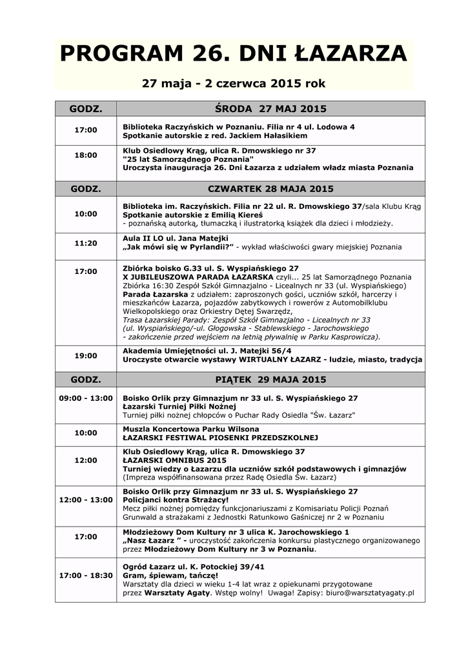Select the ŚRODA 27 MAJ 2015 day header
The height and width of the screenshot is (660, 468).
coord(270,108)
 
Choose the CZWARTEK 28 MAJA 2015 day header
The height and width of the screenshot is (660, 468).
coord(270,189)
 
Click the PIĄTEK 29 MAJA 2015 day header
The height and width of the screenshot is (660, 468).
coord(270,379)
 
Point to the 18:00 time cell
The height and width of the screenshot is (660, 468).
coord(85,155)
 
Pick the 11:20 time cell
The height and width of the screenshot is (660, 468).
coord(85,243)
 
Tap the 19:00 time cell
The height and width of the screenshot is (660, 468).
coord(85,355)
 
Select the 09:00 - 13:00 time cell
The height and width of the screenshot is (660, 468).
coord(85,398)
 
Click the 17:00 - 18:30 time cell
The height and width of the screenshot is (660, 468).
coord(85,574)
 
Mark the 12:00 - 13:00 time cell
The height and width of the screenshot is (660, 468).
coord(85,500)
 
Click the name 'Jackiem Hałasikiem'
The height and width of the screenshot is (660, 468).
coord(261,136)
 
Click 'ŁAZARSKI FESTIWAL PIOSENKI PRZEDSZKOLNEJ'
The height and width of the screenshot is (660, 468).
coord(220,438)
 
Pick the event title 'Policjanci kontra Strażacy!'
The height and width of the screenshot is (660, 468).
coord(176,500)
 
